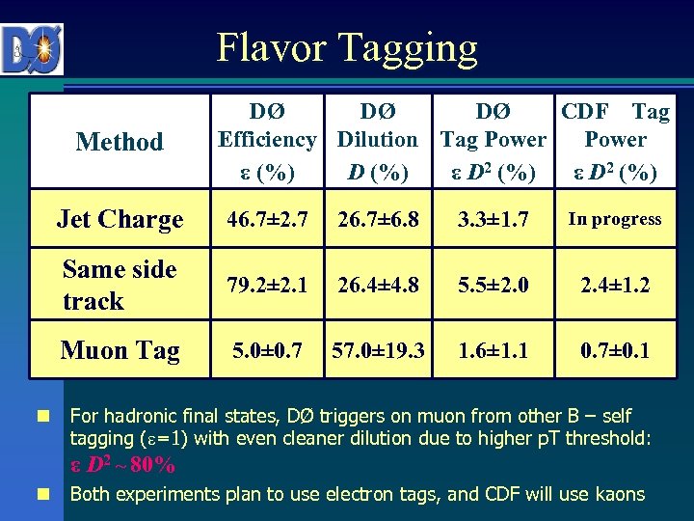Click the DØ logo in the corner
[33, 49]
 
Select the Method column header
[120, 142]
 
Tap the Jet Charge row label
[120, 219]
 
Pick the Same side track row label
[120, 285]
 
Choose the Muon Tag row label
[120, 349]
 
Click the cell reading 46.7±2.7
[267, 220]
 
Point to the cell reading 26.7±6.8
[377, 220]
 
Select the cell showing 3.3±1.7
[494, 220]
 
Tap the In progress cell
[615, 219]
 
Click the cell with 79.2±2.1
[267, 286]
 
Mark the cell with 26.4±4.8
[377, 286]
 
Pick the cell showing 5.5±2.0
[494, 286]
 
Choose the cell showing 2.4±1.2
[615, 286]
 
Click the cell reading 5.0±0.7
[267, 349]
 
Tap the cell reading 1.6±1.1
[494, 349]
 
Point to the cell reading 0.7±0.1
[615, 349]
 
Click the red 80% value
[152, 465]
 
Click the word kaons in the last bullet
[619, 494]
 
